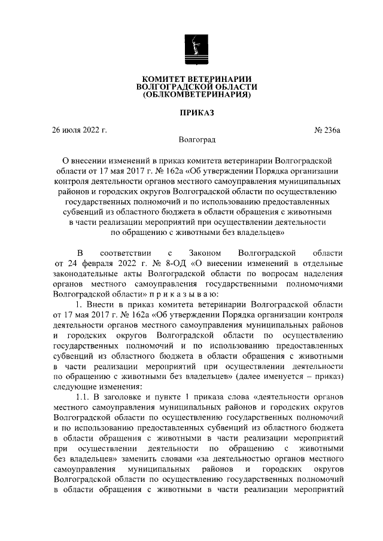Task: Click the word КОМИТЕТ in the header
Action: click(163, 79)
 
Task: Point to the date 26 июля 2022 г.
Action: click(80, 129)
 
